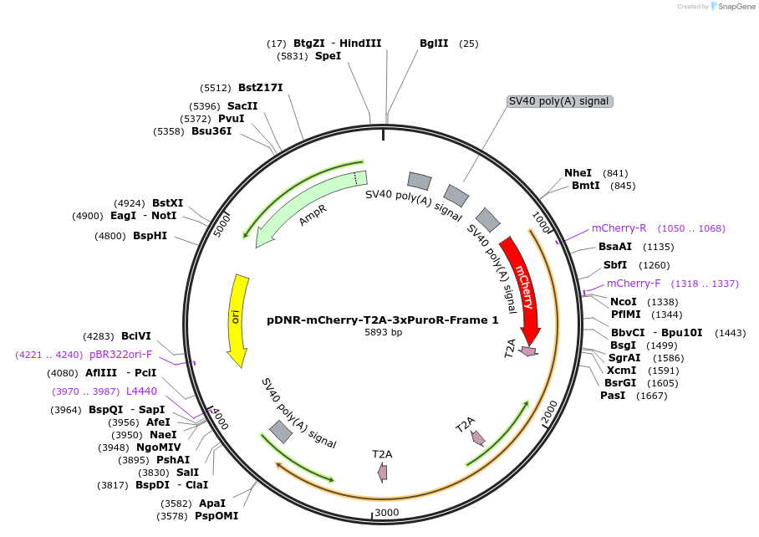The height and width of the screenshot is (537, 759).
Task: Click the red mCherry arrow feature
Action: point(524,284)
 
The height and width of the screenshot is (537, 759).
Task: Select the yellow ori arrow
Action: point(238,318)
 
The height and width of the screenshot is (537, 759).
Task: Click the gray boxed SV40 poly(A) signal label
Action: point(560,101)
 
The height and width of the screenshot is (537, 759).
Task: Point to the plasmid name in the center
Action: point(383,320)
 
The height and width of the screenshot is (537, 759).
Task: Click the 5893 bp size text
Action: point(383,332)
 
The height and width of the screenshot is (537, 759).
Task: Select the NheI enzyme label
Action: point(578,173)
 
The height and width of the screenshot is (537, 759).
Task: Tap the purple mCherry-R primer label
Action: point(619,228)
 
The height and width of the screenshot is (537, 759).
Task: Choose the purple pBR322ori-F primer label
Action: point(121,355)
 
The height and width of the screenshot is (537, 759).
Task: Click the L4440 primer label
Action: point(141,391)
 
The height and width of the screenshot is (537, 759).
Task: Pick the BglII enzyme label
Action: point(434,43)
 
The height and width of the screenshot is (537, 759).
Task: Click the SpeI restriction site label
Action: point(328,56)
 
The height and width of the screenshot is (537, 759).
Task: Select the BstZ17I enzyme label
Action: point(260,88)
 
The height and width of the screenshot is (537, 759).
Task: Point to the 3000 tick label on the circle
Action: point(387,512)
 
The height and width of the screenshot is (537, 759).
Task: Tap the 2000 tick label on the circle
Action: point(549,412)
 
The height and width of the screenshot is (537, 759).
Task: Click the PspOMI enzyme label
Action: point(216,516)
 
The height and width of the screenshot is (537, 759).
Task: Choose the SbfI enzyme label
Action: point(615,265)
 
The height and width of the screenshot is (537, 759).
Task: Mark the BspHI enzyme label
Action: point(150,236)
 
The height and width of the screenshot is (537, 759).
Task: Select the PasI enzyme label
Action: point(612,396)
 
